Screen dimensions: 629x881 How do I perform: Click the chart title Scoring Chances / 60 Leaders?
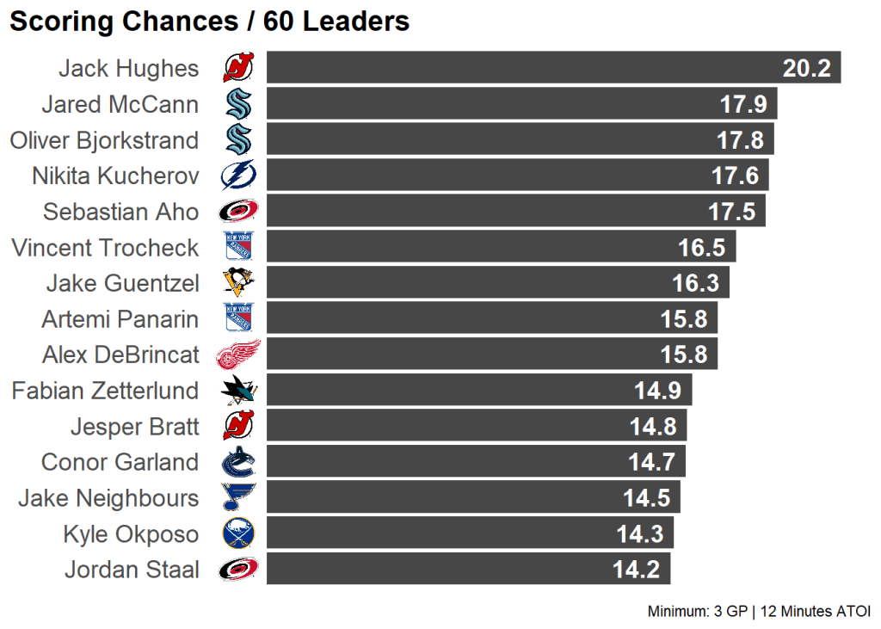tap(209, 22)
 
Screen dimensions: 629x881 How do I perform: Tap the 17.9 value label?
tap(742, 104)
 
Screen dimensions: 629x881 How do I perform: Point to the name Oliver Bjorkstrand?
tap(104, 140)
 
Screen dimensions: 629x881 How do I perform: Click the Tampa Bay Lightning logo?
tap(238, 176)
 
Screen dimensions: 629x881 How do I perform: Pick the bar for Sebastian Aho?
tap(515, 212)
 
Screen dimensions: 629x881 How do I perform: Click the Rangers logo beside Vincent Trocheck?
tap(238, 247)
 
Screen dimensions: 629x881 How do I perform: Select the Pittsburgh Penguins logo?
tap(238, 283)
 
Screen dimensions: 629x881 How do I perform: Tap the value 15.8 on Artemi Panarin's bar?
tap(684, 319)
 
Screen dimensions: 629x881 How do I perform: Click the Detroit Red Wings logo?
tap(237, 355)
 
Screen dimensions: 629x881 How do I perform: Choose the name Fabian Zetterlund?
tap(105, 391)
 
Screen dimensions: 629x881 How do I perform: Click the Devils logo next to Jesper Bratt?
tap(238, 426)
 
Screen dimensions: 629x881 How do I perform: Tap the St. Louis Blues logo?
tap(238, 497)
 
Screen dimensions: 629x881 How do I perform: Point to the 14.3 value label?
tap(639, 534)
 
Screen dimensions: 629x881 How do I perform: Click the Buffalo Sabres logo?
tap(238, 533)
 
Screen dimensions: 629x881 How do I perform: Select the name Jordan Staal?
tap(132, 570)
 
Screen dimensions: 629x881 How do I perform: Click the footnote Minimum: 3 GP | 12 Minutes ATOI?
tap(759, 612)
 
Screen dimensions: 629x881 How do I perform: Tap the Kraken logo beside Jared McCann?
tap(238, 104)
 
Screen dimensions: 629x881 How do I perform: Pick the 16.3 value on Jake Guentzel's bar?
tap(695, 283)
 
